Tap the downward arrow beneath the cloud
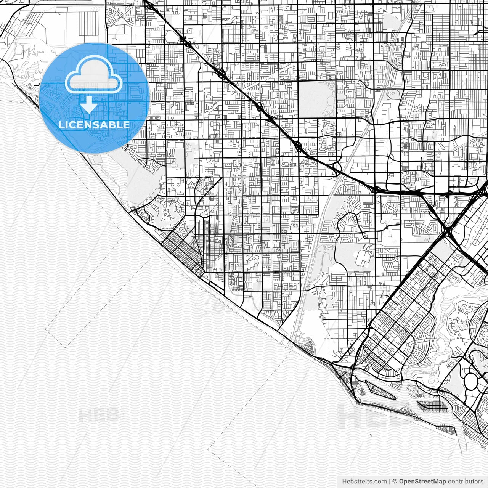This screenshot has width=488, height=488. pyautogui.click(x=89, y=104)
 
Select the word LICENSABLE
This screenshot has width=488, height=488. pyautogui.click(x=94, y=125)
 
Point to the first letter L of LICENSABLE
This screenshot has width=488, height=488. pyautogui.click(x=62, y=125)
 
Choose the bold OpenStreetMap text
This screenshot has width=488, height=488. pyautogui.click(x=422, y=482)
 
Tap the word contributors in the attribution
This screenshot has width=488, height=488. pyautogui.click(x=466, y=482)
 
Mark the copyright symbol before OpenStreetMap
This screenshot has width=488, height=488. pyautogui.click(x=395, y=482)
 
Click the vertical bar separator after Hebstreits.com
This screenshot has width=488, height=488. pyautogui.click(x=390, y=482)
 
